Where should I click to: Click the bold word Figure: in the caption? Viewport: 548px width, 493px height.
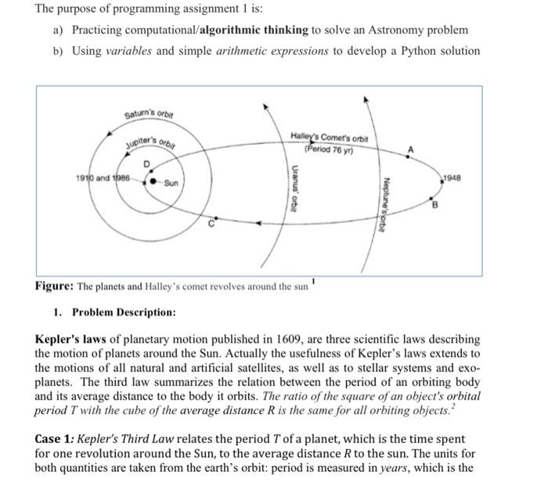click(54, 286)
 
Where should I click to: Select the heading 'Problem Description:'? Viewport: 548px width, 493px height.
click(124, 312)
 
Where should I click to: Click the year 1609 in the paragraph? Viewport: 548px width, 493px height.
click(298, 339)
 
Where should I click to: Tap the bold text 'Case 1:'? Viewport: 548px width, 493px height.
click(58, 439)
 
